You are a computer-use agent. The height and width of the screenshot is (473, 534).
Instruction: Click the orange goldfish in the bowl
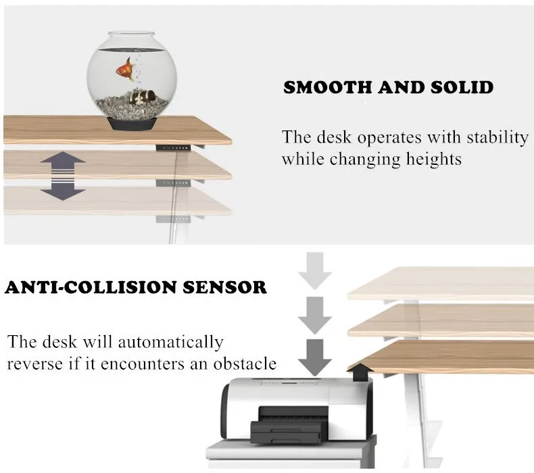(x=124, y=70)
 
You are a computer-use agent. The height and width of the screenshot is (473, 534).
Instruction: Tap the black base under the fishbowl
(x=132, y=124)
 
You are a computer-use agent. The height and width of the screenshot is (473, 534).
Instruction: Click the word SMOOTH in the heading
(x=327, y=88)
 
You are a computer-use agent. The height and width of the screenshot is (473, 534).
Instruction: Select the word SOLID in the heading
(x=462, y=88)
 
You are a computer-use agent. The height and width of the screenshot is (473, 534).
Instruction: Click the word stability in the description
(x=497, y=138)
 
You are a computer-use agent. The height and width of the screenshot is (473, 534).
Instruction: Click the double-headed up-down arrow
(x=63, y=176)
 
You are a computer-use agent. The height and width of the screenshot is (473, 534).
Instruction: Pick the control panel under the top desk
(x=173, y=148)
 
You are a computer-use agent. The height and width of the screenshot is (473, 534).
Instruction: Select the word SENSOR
(x=225, y=287)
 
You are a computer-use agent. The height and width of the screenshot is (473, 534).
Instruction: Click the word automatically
(x=170, y=343)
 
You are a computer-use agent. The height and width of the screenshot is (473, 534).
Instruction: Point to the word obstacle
(x=245, y=364)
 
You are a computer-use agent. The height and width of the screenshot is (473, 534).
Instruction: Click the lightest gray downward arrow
(x=315, y=271)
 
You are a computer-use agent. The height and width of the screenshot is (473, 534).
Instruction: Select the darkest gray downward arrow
(x=315, y=357)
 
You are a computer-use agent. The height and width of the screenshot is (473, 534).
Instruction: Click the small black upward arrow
(x=361, y=372)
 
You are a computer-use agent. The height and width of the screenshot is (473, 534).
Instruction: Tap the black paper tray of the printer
(x=286, y=432)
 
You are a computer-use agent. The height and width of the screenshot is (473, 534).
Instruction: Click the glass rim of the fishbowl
(x=131, y=34)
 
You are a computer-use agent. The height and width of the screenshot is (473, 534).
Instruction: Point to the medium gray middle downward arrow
(x=315, y=315)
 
